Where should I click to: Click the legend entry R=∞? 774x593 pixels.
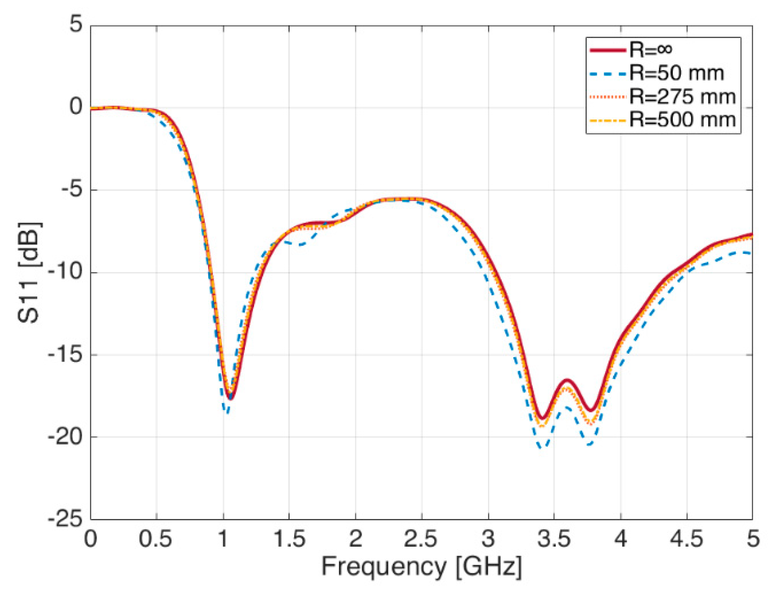click(650, 50)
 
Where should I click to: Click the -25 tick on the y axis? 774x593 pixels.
click(65, 519)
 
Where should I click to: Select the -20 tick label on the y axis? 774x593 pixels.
click(65, 437)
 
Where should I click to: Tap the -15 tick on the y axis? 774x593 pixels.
click(65, 355)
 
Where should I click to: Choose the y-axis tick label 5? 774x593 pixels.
click(76, 25)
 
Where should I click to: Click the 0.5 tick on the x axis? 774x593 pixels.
click(155, 539)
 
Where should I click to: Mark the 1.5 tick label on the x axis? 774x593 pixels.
click(289, 539)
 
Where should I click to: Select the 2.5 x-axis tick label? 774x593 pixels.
click(421, 539)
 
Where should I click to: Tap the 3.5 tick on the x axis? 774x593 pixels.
click(554, 539)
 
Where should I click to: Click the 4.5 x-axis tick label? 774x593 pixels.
click(687, 539)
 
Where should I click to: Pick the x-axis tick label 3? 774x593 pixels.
click(488, 539)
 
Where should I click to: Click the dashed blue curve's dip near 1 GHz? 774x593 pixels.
click(228, 413)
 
